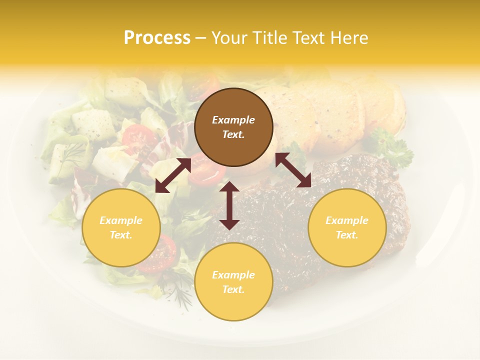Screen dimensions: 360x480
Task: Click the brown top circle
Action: click(x=233, y=127)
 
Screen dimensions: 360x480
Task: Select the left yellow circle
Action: click(x=121, y=227)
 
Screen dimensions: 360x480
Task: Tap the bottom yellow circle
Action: click(x=233, y=282)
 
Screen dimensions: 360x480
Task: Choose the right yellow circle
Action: click(x=347, y=227)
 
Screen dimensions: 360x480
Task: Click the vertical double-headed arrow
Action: click(x=229, y=205)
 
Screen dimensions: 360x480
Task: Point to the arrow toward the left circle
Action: click(x=173, y=175)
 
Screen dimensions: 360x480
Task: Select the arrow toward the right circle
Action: click(x=293, y=170)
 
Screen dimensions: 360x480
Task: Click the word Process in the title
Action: click(x=157, y=38)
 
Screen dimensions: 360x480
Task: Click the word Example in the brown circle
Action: click(x=233, y=120)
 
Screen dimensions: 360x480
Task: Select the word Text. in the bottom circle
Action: click(x=233, y=289)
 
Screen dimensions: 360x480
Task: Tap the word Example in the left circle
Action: click(x=121, y=220)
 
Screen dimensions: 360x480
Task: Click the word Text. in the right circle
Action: click(x=347, y=235)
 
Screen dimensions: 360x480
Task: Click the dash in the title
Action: click(x=201, y=38)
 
